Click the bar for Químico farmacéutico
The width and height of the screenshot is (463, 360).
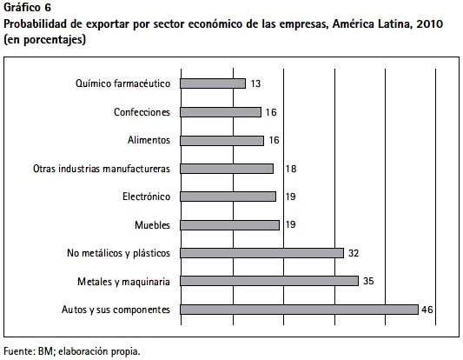click(x=213, y=83)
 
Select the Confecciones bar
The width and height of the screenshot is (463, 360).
click(x=221, y=112)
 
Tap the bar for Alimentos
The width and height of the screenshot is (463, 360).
click(x=222, y=141)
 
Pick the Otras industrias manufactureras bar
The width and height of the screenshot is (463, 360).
click(x=227, y=169)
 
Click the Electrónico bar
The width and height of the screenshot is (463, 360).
click(x=228, y=197)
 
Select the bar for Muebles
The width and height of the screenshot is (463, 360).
click(x=229, y=225)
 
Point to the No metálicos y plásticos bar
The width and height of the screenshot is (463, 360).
click(x=262, y=253)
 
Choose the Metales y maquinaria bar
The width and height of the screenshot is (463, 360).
click(x=269, y=281)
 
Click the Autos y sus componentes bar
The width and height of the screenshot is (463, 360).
click(x=300, y=310)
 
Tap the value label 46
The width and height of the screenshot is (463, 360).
click(x=427, y=310)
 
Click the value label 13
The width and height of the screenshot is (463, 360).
click(x=255, y=84)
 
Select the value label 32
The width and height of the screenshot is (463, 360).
click(x=354, y=253)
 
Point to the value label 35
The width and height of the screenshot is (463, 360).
click(x=368, y=281)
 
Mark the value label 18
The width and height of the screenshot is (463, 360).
click(x=291, y=169)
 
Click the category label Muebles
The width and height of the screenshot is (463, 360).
click(x=152, y=225)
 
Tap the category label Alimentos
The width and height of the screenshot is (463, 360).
click(x=149, y=140)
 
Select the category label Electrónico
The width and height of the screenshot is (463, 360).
click(x=147, y=197)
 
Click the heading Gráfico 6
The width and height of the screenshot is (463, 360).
click(x=28, y=8)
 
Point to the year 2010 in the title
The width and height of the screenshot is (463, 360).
click(x=430, y=24)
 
